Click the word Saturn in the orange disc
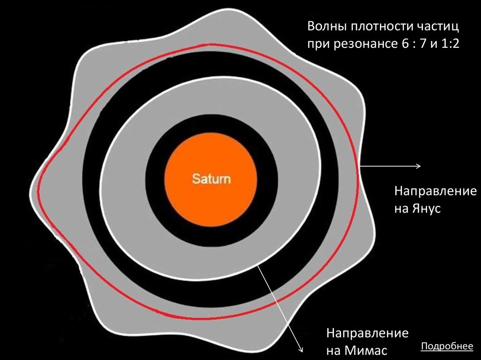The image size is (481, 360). pos(211,179)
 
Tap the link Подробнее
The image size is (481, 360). pos(447,346)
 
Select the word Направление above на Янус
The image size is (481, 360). pos(435,191)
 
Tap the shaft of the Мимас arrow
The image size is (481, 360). pos(279,305)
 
